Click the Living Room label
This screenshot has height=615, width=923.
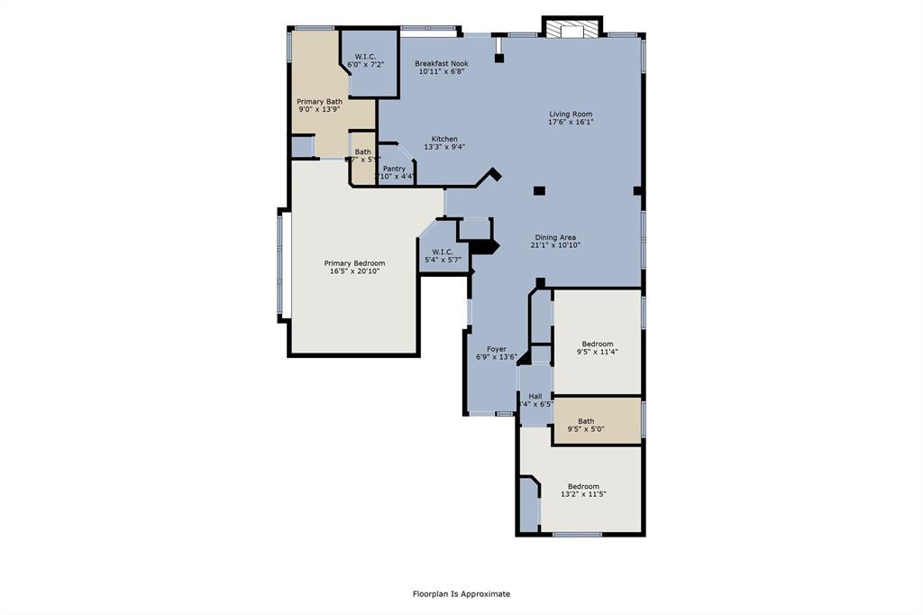coord(571,114)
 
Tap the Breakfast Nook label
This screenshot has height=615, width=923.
coord(441,63)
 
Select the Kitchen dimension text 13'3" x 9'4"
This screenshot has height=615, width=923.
coord(444,147)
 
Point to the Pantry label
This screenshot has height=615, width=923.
coord(394,169)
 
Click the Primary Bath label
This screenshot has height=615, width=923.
coord(319,102)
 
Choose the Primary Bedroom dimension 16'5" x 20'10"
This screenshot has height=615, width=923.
coord(354,271)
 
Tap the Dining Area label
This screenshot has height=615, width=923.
coord(555,237)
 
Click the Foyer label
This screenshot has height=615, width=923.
coord(497,349)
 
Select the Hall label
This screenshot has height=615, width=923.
coord(535,396)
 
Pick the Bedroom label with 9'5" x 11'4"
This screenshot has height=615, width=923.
coord(597,344)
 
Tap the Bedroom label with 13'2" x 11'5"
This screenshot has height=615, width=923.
coord(583,486)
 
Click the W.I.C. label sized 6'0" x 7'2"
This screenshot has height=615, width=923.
coord(365,56)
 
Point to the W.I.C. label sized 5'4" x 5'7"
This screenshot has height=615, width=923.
coord(443,252)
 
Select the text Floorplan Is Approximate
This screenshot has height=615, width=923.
coord(461,593)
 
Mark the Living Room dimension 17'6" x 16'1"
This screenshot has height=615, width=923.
coord(571,123)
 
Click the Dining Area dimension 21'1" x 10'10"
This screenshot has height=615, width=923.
coord(555,245)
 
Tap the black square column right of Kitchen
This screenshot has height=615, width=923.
coord(539,190)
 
